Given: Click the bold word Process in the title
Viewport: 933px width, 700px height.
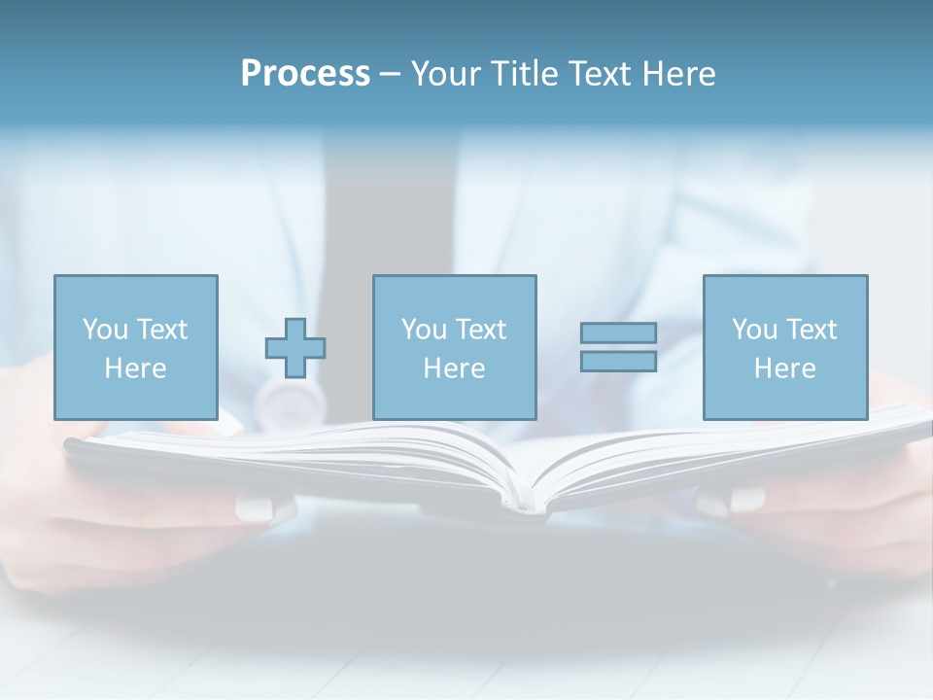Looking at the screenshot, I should pos(305,74).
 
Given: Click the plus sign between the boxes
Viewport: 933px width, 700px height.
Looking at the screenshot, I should pos(295,348).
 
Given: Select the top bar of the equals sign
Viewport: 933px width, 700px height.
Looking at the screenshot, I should pos(618,332).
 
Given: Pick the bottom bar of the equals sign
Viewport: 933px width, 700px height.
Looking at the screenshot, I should pos(618,362).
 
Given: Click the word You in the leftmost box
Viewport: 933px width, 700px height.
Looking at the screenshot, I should pos(105,330).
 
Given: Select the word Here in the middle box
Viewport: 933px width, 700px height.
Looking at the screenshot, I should pos(454,368).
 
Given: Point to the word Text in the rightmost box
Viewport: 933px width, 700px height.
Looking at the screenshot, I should pos(811,330).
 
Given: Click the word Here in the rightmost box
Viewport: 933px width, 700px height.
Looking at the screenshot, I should pos(784,368).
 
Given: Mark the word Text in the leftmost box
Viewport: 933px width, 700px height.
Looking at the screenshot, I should pos(161,330).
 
